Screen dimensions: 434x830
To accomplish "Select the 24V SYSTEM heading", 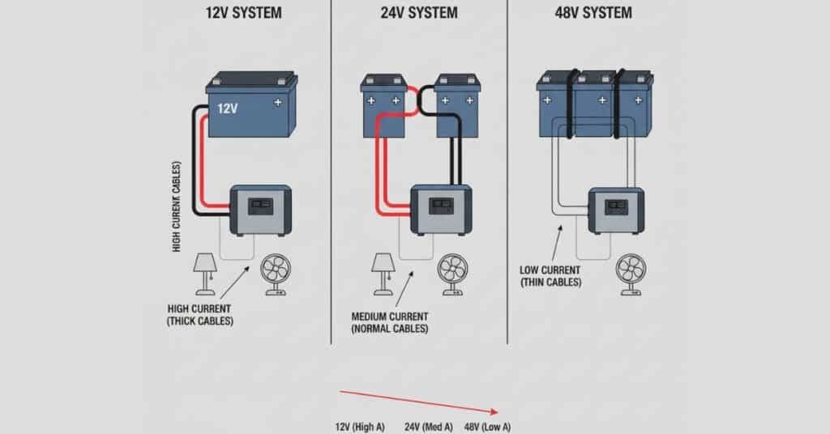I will point(418,13).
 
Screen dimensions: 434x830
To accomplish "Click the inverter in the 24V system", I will point(441,209).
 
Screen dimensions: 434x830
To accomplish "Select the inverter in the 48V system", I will point(615,210).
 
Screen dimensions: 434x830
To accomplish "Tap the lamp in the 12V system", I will point(205,270).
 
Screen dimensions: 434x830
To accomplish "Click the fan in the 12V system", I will point(274,274).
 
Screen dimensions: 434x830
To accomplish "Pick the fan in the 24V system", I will point(452,274).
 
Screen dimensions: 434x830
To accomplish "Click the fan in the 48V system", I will point(630,274).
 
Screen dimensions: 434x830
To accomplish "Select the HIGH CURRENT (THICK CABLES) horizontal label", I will point(199,315).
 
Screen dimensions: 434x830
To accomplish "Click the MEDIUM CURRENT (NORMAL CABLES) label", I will point(390,321).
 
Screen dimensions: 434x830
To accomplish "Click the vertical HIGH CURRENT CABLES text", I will point(177,206).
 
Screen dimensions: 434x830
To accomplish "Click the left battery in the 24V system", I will point(383,105).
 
